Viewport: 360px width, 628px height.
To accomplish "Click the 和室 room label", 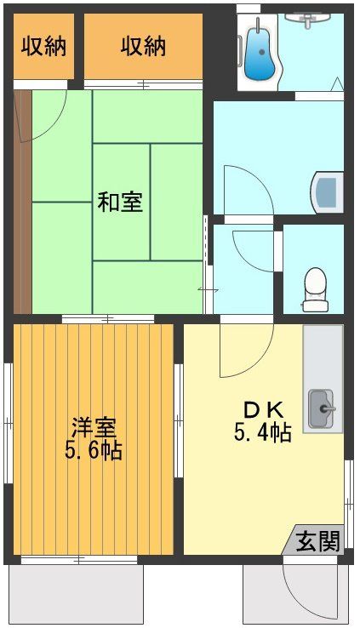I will click(x=120, y=203).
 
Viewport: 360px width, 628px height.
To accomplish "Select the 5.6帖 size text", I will click(x=94, y=449).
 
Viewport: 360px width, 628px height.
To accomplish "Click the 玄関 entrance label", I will click(x=318, y=540).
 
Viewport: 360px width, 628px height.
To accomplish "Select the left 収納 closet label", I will click(x=43, y=46).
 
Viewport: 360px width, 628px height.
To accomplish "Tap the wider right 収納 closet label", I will click(x=143, y=46).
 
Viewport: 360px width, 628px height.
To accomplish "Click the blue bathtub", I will click(x=257, y=53).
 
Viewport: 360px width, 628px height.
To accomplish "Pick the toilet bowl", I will click(x=316, y=288).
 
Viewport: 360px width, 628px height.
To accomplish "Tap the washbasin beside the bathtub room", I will click(x=312, y=18).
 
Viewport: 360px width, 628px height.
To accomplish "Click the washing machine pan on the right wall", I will click(x=329, y=191).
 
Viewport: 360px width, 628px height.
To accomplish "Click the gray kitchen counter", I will click(x=323, y=357).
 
